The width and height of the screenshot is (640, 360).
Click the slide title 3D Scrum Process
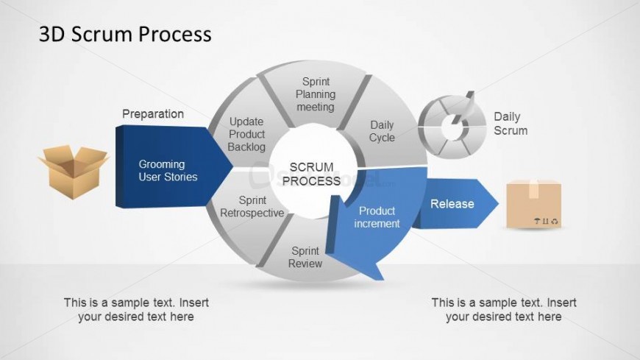click(x=125, y=34)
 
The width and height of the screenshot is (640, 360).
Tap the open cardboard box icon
click(x=74, y=169)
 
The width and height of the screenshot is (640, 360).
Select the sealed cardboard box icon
click(x=534, y=204)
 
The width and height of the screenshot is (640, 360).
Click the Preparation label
click(x=153, y=114)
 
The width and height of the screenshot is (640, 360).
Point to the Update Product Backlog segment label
click(x=246, y=134)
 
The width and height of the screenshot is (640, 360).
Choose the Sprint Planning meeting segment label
click(x=316, y=94)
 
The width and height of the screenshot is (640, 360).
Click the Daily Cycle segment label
click(x=382, y=131)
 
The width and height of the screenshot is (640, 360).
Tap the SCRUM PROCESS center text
click(x=311, y=174)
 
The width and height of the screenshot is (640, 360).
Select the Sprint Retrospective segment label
click(x=252, y=206)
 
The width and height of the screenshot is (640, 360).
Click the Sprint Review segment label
click(x=305, y=257)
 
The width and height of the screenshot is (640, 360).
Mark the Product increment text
click(x=377, y=217)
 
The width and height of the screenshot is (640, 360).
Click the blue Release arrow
click(x=456, y=204)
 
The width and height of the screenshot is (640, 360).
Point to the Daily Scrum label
click(x=511, y=123)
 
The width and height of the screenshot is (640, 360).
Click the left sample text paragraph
click(x=136, y=309)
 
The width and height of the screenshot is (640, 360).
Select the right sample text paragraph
click(x=504, y=309)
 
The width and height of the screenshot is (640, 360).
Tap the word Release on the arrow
click(x=452, y=204)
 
